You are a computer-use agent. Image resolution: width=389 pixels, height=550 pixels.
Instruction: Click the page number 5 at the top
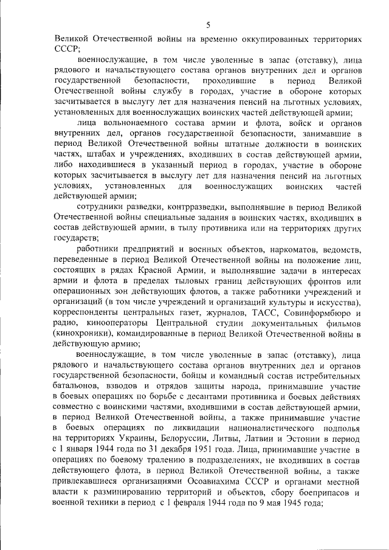click(208, 25)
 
